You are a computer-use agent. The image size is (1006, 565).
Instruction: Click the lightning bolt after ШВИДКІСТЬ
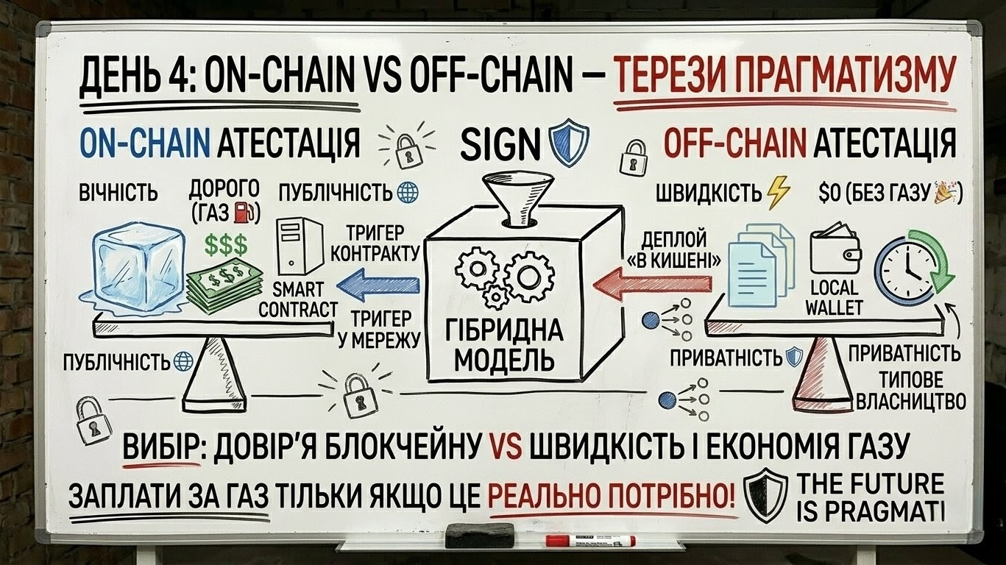point(777,193)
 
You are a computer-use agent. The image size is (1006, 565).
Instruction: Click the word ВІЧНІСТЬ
point(118,193)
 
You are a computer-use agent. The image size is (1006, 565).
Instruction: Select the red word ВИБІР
point(163,445)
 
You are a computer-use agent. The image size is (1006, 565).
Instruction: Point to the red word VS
point(503,445)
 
